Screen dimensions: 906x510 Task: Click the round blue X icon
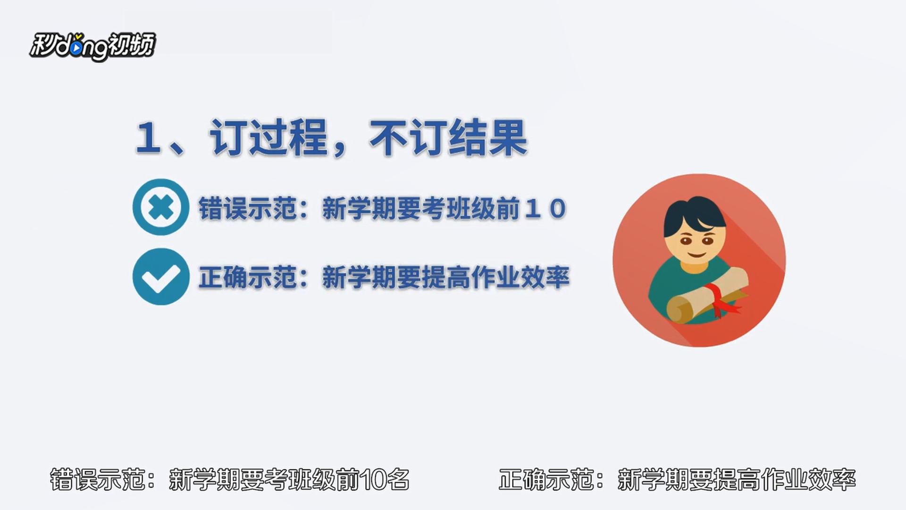pyautogui.click(x=161, y=207)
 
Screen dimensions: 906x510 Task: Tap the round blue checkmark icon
pyautogui.click(x=161, y=277)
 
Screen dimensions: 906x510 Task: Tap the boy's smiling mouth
pyautogui.click(x=696, y=255)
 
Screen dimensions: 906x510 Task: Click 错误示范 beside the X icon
pyautogui.click(x=247, y=208)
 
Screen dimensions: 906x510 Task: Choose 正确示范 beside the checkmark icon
pyautogui.click(x=247, y=277)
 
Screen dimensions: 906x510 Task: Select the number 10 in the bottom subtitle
pyautogui.click(x=372, y=480)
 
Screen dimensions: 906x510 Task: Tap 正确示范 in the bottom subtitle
pyautogui.click(x=546, y=479)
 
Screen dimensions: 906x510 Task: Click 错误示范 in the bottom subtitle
pyautogui.click(x=97, y=479)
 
